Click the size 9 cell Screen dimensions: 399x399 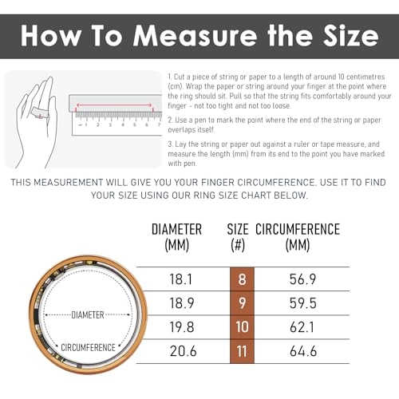point(243,304)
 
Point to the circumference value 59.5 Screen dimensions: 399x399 point(306,304)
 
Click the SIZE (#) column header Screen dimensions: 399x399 point(243,237)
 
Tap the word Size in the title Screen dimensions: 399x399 point(343,35)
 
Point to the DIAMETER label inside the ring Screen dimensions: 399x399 point(88,315)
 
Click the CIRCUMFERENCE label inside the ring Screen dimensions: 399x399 point(88,347)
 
